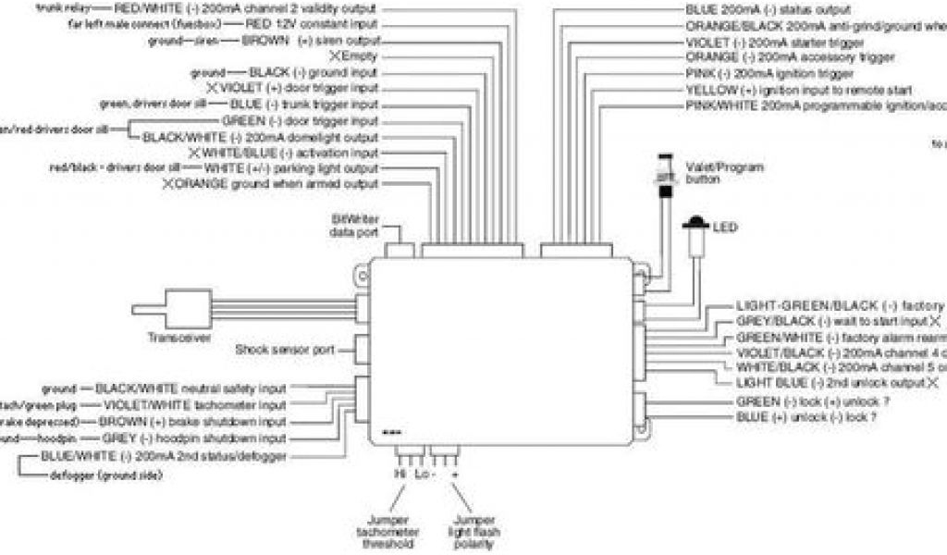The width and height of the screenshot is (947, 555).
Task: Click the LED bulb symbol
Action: coord(694,224)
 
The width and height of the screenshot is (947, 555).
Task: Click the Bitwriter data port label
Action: coord(355,226)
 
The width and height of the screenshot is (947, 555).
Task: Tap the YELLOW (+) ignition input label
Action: coord(799,91)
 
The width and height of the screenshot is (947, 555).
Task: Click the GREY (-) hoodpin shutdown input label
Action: coord(194,438)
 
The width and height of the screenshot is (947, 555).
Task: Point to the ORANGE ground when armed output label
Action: coord(277,184)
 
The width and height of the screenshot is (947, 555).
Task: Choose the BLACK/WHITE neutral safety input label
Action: coord(191,388)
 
